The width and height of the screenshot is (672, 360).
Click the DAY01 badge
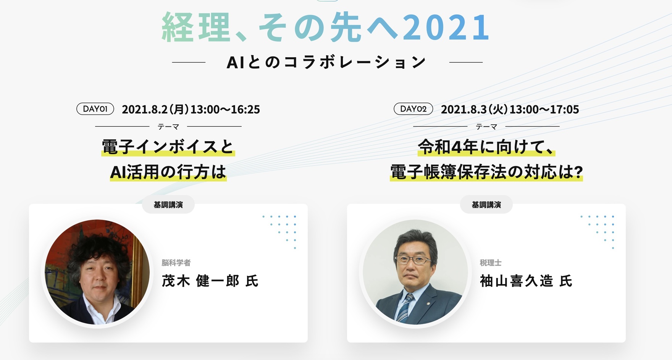click(95, 109)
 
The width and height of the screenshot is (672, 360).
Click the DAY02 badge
click(413, 109)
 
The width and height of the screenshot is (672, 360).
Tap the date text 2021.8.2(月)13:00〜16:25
click(191, 110)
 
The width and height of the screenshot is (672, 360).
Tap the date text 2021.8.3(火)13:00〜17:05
click(510, 110)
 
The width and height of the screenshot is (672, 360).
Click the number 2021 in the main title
click(446, 27)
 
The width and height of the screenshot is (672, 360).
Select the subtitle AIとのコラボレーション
click(326, 62)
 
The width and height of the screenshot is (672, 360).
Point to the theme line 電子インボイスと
click(168, 147)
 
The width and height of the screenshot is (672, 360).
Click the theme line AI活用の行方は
click(168, 172)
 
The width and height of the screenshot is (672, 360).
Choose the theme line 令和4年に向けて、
click(486, 147)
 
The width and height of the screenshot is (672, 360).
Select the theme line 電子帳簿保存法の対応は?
click(486, 172)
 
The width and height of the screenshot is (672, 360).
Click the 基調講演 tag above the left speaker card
click(168, 205)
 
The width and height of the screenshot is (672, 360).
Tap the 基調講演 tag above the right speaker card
click(486, 205)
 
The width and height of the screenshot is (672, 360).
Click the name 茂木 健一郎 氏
click(210, 281)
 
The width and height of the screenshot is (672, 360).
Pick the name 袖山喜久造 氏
click(526, 281)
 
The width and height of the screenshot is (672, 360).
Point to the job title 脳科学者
click(176, 263)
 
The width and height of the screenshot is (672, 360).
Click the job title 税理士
click(491, 263)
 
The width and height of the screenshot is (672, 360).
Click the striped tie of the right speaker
click(405, 307)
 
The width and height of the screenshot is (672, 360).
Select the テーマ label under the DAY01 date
click(168, 127)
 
